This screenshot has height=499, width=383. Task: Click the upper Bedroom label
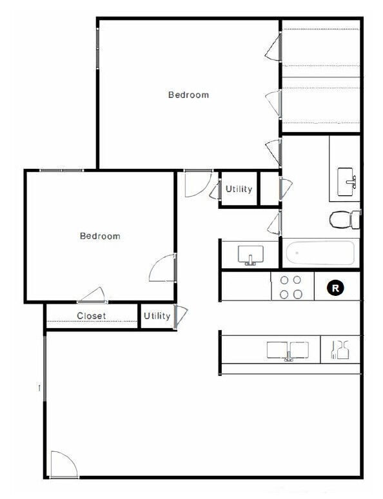click(x=188, y=95)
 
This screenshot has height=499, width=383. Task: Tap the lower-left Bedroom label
click(x=100, y=236)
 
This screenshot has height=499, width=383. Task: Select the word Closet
click(x=92, y=316)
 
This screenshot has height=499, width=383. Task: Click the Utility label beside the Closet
click(x=157, y=316)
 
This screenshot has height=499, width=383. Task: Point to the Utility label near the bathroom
click(x=239, y=190)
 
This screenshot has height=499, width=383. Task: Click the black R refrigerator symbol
click(x=335, y=288)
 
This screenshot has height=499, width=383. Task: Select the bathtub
click(x=320, y=253)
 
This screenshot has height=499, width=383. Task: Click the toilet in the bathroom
click(x=345, y=220)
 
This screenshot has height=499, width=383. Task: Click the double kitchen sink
click(x=288, y=350)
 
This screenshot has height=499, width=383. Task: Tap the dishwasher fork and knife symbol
click(x=340, y=350)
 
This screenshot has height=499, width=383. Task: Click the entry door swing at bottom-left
click(x=63, y=464)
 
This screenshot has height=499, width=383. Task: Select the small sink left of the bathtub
click(x=249, y=255)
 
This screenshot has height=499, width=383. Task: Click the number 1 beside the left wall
click(x=39, y=388)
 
